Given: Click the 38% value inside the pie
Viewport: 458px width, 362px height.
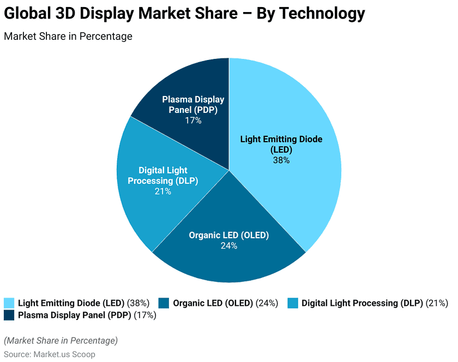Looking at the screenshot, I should pos(281,160).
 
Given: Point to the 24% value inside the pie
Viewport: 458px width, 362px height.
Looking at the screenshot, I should pos(229,246).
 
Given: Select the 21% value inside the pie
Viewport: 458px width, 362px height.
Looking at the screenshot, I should pos(163,191).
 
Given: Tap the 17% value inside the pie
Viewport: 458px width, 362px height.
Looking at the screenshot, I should pos(193,120).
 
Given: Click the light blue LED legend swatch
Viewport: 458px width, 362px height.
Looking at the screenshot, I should pos(9,303).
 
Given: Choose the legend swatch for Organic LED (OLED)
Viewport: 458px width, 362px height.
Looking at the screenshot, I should pos(164,303).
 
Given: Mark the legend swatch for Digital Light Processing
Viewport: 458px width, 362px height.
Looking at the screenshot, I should pos(292,303).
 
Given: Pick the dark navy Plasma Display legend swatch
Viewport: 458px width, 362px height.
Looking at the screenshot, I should pos(9,315).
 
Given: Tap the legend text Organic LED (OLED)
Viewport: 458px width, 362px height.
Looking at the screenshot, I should pos(213,303).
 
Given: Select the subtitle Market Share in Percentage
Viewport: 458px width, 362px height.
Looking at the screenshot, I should pos(68,37).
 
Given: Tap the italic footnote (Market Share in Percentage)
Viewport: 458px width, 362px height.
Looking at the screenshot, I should pos(61,341).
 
